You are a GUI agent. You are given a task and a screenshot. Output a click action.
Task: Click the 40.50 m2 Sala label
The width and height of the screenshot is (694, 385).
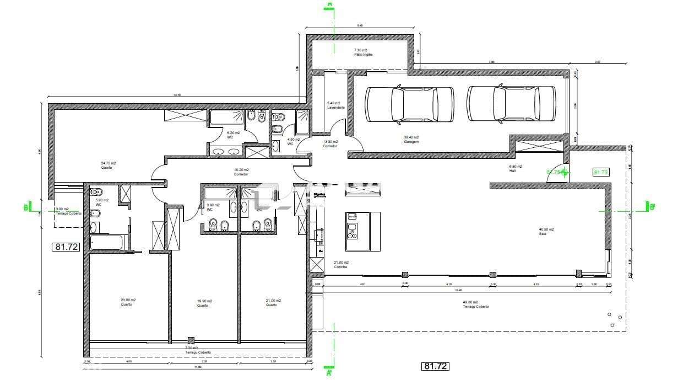(x=546, y=231)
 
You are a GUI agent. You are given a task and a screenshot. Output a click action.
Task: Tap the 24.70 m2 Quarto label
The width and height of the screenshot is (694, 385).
(x=108, y=165)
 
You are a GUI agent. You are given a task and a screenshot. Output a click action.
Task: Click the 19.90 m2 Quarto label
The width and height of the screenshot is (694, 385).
(x=204, y=303)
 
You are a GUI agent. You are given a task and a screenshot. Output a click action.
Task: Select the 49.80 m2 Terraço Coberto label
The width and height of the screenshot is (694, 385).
(x=476, y=304)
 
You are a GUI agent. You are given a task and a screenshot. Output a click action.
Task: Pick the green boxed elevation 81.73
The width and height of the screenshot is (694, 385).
(x=601, y=172)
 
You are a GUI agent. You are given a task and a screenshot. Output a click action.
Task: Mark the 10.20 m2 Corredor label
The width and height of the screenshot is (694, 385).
(x=241, y=172)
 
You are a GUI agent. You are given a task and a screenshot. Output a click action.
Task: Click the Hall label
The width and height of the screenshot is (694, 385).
(x=516, y=168)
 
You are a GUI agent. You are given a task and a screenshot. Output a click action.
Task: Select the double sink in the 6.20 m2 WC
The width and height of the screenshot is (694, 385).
(x=226, y=151)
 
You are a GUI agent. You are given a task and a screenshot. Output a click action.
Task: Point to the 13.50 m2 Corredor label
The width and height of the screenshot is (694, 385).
(x=330, y=143)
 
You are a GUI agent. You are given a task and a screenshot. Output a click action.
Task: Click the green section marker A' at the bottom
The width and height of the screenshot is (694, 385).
(x=329, y=373)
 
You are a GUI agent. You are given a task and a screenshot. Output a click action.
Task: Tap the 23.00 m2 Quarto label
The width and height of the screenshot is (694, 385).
(x=128, y=302)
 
